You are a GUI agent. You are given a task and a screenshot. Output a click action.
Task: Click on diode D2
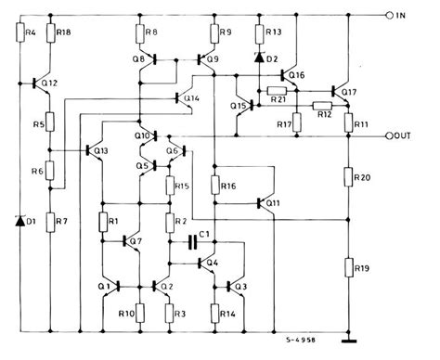click(x=259, y=58)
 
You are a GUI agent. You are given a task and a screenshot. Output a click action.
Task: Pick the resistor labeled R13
click(x=259, y=34)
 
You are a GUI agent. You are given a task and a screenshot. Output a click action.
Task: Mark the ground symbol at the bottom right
click(x=349, y=326)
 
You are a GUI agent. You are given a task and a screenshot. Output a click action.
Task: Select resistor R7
click(x=52, y=223)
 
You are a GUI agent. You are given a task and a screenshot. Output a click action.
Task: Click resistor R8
click(x=140, y=34)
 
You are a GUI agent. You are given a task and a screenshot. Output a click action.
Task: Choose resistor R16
click(x=214, y=185)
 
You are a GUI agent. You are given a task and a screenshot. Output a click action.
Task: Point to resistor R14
click(x=214, y=312)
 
